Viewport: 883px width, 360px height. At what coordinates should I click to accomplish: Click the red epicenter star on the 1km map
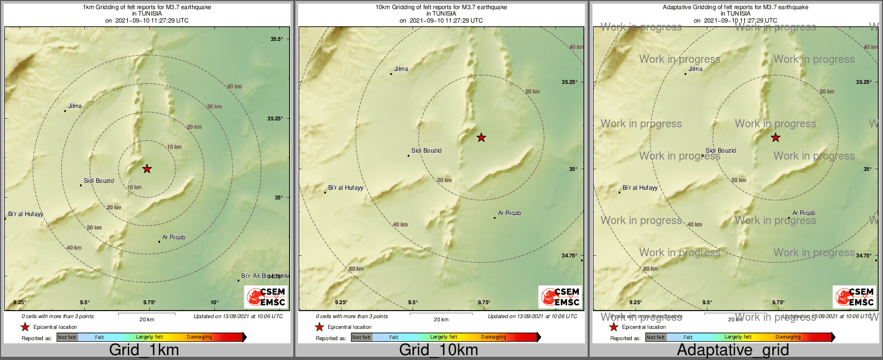[x=147, y=169]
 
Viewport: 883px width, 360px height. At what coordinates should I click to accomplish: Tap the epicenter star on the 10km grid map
[x=481, y=138]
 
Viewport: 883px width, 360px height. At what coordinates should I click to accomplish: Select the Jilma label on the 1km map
[x=75, y=106]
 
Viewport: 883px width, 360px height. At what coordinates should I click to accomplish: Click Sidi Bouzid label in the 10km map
[x=426, y=150]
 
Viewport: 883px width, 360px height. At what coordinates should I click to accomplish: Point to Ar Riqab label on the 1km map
[x=173, y=237]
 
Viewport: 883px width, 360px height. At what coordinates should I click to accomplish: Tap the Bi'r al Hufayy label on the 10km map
[x=345, y=188]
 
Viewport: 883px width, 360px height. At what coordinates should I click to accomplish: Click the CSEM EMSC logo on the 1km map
[x=266, y=297]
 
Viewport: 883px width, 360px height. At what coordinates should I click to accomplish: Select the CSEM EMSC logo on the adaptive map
[x=855, y=297]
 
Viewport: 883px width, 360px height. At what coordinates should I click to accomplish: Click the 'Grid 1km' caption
[x=144, y=350]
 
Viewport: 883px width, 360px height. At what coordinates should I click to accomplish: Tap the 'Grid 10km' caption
[x=438, y=350]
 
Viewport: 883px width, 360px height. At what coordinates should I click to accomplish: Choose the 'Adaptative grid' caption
[x=733, y=350]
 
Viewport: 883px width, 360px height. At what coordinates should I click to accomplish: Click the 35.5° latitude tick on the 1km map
[x=276, y=39]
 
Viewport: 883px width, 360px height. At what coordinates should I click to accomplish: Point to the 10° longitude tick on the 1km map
[x=214, y=303]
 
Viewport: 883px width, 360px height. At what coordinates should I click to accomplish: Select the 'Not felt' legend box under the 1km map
[x=67, y=337]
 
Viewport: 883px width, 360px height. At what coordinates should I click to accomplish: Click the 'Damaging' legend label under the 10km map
[x=494, y=337]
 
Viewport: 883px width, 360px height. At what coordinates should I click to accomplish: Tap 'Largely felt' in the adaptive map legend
[x=737, y=337]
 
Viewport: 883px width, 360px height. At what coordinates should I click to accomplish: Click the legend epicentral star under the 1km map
[x=25, y=327]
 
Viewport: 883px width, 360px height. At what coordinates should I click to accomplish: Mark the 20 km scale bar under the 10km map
[x=441, y=314]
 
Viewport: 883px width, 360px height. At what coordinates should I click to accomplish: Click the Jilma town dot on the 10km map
[x=391, y=74]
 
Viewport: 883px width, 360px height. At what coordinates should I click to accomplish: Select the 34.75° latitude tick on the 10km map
[x=570, y=256]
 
